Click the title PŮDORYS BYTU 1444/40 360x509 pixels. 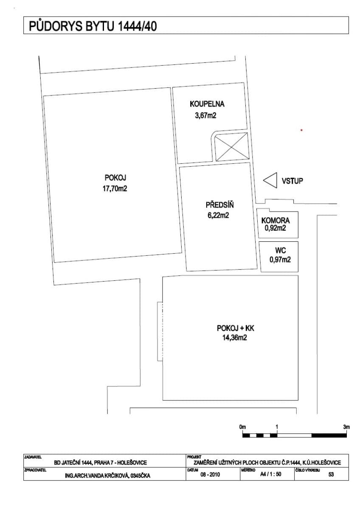(x=93, y=26)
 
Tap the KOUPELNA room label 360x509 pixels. (x=207, y=104)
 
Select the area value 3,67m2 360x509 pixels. (x=205, y=116)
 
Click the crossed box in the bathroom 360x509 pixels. (x=231, y=147)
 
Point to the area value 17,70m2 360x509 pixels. (x=115, y=189)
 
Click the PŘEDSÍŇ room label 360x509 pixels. (x=219, y=205)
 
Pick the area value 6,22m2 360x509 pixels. (x=218, y=215)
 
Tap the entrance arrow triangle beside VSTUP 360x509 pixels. (x=270, y=180)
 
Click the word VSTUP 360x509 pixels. (x=292, y=181)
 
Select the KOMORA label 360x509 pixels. (x=276, y=221)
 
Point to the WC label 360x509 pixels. (x=281, y=250)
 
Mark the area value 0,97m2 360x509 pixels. (x=280, y=260)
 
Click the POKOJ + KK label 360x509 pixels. (x=235, y=328)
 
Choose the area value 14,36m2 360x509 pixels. (x=235, y=338)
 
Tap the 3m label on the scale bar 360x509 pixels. (x=346, y=427)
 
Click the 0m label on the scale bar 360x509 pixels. (x=242, y=427)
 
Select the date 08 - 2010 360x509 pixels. (x=210, y=474)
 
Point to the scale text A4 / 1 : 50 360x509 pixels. (x=270, y=474)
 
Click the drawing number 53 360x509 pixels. (x=331, y=474)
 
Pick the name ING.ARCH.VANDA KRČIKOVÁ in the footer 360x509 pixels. (x=97, y=476)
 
